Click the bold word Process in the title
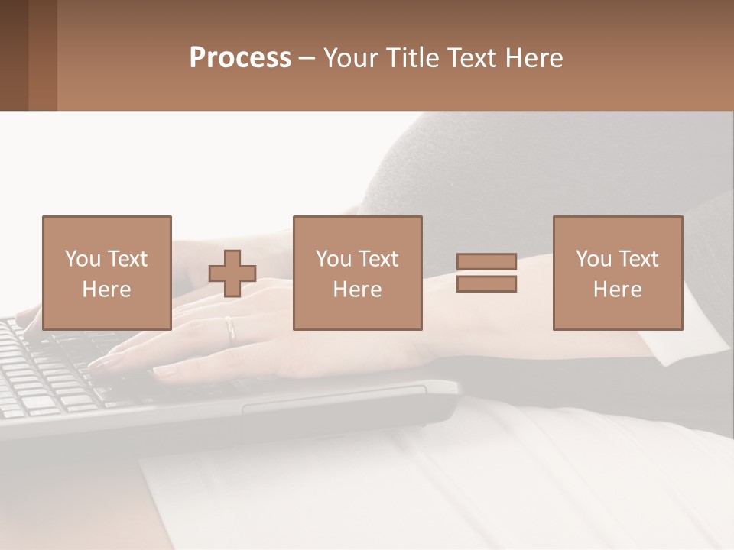[240, 58]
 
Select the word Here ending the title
[532, 58]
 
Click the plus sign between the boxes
[232, 273]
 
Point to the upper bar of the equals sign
[486, 261]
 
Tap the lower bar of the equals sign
[486, 284]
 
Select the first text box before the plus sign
[106, 273]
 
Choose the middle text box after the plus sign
[357, 273]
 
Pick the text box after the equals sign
[617, 273]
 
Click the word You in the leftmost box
[83, 259]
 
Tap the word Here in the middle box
[357, 290]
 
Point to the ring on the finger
[230, 328]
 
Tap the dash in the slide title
[307, 58]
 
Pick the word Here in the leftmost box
[106, 290]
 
